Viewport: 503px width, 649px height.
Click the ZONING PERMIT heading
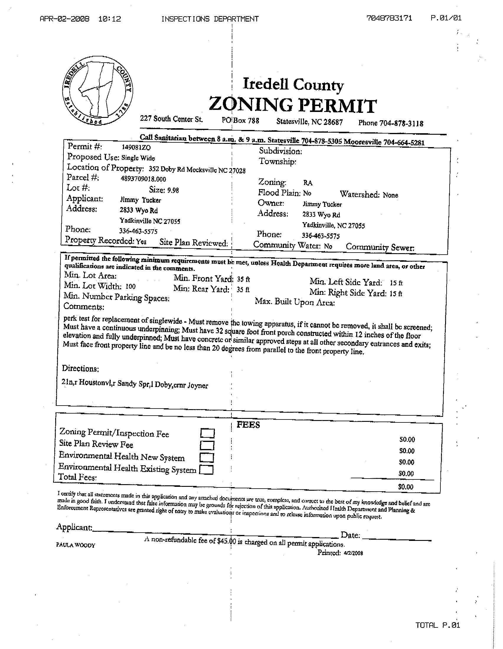pyautogui.click(x=293, y=105)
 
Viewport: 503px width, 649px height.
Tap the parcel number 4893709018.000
pyautogui.click(x=143, y=179)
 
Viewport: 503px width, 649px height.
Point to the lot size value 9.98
pyautogui.click(x=173, y=190)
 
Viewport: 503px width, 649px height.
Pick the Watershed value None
pyautogui.click(x=390, y=195)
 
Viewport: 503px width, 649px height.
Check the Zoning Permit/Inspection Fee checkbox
pyautogui.click(x=207, y=433)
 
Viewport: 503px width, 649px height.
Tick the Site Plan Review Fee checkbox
pyautogui.click(x=207, y=445)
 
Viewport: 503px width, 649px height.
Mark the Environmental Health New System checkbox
pyautogui.click(x=207, y=457)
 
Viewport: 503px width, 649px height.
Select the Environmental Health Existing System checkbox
pyautogui.click(x=206, y=469)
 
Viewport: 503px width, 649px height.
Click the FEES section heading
pyautogui.click(x=248, y=425)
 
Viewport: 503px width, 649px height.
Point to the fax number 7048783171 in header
pyautogui.click(x=389, y=18)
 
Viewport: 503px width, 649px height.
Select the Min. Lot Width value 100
pyautogui.click(x=130, y=287)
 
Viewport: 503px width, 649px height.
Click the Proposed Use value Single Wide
pyautogui.click(x=138, y=158)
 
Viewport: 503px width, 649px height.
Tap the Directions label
pyautogui.click(x=80, y=369)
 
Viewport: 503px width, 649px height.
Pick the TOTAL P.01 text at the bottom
pyautogui.click(x=437, y=625)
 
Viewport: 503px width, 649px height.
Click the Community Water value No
pyautogui.click(x=328, y=246)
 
